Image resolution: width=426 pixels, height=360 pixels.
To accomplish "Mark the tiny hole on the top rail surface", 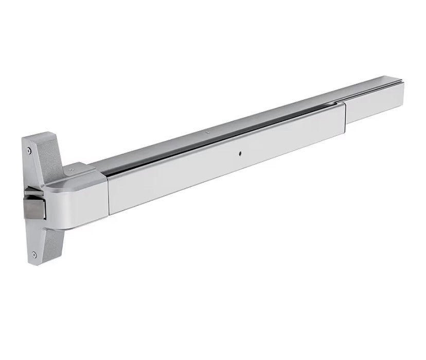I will [x=207, y=135].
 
